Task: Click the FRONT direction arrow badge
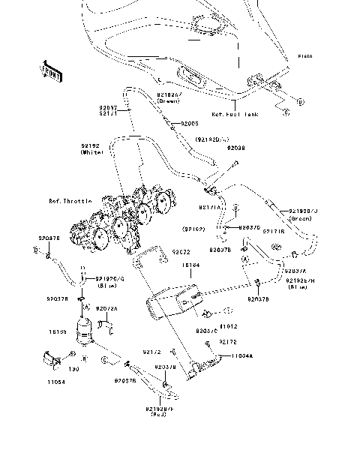pyautogui.click(x=50, y=72)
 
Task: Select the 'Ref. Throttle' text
pyautogui.click(x=70, y=202)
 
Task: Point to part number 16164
pyautogui.click(x=192, y=265)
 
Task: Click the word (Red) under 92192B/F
pyautogui.click(x=158, y=414)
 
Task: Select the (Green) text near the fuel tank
pyautogui.click(x=168, y=100)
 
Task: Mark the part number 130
pyautogui.click(x=73, y=369)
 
